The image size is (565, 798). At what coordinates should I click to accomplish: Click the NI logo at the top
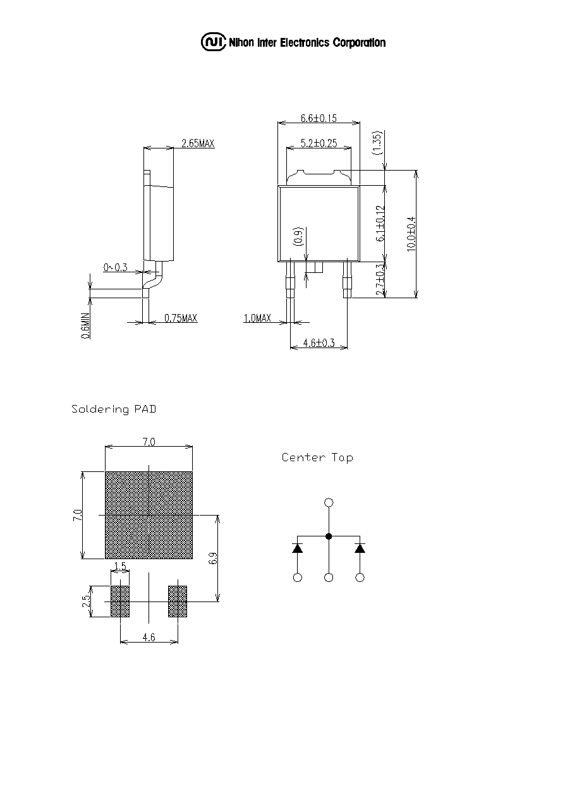tap(214, 42)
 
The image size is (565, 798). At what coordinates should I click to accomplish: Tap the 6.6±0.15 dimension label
tap(319, 118)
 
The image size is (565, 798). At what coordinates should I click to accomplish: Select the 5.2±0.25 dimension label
tap(319, 143)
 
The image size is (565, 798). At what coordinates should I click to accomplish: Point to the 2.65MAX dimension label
tap(198, 143)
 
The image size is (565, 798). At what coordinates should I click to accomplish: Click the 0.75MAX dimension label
tap(181, 318)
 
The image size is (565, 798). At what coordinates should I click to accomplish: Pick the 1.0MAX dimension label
tap(257, 318)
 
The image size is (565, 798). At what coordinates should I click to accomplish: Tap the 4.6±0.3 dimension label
tap(319, 342)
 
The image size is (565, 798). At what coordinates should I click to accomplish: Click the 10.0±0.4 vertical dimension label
tap(411, 234)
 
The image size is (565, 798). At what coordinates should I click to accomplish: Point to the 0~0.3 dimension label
tap(115, 267)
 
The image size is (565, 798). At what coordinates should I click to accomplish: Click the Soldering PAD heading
tap(114, 409)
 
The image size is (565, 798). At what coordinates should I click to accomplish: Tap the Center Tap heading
tap(317, 457)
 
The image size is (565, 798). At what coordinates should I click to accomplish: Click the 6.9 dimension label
tap(213, 559)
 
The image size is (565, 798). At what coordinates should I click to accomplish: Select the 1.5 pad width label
tap(121, 566)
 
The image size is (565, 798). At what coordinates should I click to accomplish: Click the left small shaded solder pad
tap(120, 602)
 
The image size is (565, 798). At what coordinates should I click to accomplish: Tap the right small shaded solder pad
tap(178, 602)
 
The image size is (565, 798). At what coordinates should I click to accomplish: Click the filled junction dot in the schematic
tap(329, 536)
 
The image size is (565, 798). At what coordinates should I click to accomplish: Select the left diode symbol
tap(298, 548)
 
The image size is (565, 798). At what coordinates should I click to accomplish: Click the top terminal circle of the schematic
tap(329, 503)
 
